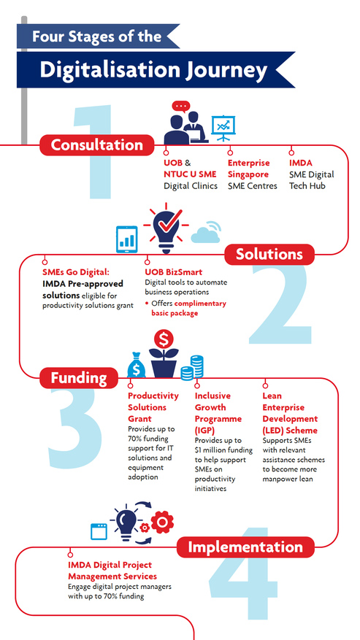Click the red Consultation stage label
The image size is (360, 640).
click(97, 145)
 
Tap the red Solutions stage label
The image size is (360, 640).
click(269, 254)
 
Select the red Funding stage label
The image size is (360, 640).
click(79, 378)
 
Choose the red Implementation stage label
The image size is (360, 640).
click(245, 547)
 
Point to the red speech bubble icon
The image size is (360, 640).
click(180, 107)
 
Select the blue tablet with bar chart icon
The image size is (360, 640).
click(126, 239)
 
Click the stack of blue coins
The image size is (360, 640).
click(192, 368)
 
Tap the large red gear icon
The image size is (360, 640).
click(162, 522)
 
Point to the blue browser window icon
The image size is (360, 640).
click(99, 532)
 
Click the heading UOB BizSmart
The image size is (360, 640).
click(174, 272)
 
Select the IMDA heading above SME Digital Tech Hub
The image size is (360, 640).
click(300, 163)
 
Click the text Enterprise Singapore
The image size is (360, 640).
click(249, 169)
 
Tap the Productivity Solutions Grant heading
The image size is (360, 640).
click(153, 407)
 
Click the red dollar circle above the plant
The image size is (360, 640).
click(164, 339)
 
